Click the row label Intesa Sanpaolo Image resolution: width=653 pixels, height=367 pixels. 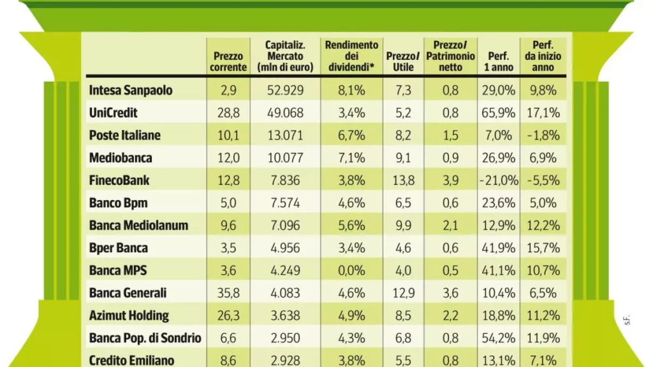pos(130,90)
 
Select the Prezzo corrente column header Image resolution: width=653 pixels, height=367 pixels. pos(228,62)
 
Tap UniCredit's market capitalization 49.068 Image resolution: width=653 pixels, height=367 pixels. pos(285,113)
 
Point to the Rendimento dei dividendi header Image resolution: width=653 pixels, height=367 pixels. pos(351,56)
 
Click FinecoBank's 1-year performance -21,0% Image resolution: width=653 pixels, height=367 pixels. pos(499,180)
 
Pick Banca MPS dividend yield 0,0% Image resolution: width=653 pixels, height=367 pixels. pos(351,270)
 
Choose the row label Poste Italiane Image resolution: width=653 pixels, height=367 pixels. pos(124,135)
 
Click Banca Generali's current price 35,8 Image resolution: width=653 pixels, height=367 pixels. pos(228,293)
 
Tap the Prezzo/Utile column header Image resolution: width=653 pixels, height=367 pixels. pos(403,62)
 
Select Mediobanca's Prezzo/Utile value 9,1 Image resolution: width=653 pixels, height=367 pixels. pos(403,158)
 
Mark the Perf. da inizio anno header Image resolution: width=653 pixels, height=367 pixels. pos(543,56)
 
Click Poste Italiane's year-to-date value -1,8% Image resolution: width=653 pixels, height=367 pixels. pos(543,135)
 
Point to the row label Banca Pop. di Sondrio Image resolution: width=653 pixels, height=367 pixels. pos(145,338)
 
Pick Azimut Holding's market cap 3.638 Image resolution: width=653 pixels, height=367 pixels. pos(285,315)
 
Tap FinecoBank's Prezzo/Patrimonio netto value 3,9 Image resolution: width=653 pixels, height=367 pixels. pos(450,180)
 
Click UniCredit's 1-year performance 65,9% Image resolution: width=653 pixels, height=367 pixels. pos(499,113)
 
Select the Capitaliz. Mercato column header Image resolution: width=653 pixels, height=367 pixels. pos(285,56)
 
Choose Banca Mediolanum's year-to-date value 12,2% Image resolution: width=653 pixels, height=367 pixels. pos(543,225)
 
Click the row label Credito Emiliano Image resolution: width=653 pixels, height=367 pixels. pos(131,361)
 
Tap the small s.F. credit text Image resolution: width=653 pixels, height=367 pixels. pos(627,320)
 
